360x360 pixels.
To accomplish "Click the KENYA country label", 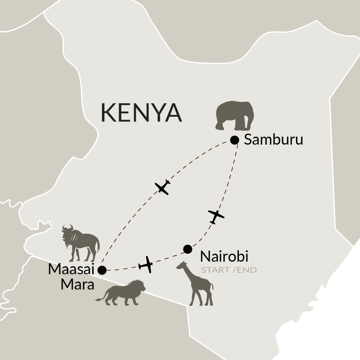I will pyautogui.click(x=141, y=113).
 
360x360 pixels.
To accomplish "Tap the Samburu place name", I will pyautogui.click(x=274, y=140).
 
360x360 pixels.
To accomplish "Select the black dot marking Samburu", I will pyautogui.click(x=235, y=140).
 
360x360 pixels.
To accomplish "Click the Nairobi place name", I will pyautogui.click(x=224, y=256).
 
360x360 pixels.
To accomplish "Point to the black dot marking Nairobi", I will pyautogui.click(x=188, y=249).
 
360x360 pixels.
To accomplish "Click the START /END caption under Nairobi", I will pyautogui.click(x=229, y=270).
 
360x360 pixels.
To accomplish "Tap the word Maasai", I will pyautogui.click(x=71, y=269).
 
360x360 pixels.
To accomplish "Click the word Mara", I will pyautogui.click(x=77, y=285).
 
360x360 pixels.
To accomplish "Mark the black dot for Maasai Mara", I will pyautogui.click(x=102, y=270).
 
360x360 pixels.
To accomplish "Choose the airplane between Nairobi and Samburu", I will pyautogui.click(x=216, y=216).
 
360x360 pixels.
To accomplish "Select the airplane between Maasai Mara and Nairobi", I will pyautogui.click(x=146, y=265).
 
